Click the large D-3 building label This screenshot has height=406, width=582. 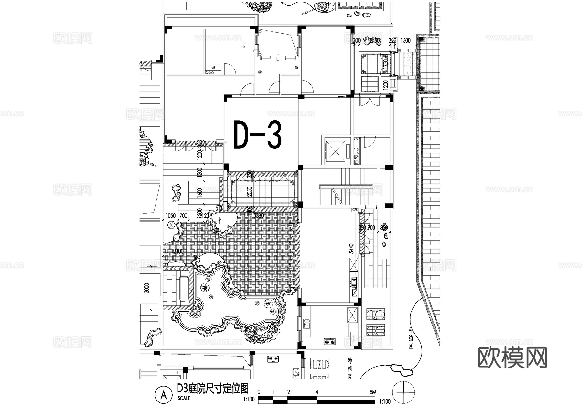tap(257, 135)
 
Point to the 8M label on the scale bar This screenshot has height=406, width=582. tap(372, 392)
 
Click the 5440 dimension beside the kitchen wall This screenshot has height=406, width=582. tap(352, 248)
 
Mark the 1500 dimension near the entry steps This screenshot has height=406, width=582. tap(405, 40)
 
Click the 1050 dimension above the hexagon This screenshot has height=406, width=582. tap(170, 216)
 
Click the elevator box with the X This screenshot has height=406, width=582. tap(335, 150)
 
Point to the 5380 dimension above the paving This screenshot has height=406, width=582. tap(259, 215)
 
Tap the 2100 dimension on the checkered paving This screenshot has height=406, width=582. tap(178, 251)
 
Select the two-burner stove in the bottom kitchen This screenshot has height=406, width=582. tap(330, 341)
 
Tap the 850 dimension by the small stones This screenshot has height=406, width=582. tap(384, 228)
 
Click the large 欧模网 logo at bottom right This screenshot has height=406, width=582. tap(512, 358)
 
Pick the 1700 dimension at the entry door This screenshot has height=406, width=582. tap(385, 63)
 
